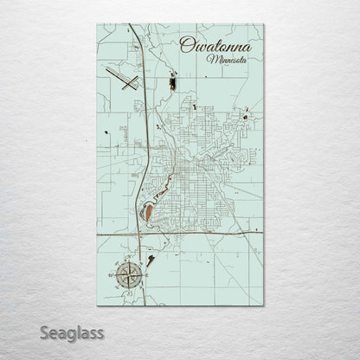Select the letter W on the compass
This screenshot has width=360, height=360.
[114, 274]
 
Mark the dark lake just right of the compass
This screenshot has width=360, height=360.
[152, 259]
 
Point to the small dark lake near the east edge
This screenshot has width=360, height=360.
[247, 116]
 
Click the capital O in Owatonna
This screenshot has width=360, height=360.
[185, 46]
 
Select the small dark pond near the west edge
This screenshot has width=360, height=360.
[106, 133]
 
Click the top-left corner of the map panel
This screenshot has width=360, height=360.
[98, 23]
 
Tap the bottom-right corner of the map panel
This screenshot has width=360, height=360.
[264, 305]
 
